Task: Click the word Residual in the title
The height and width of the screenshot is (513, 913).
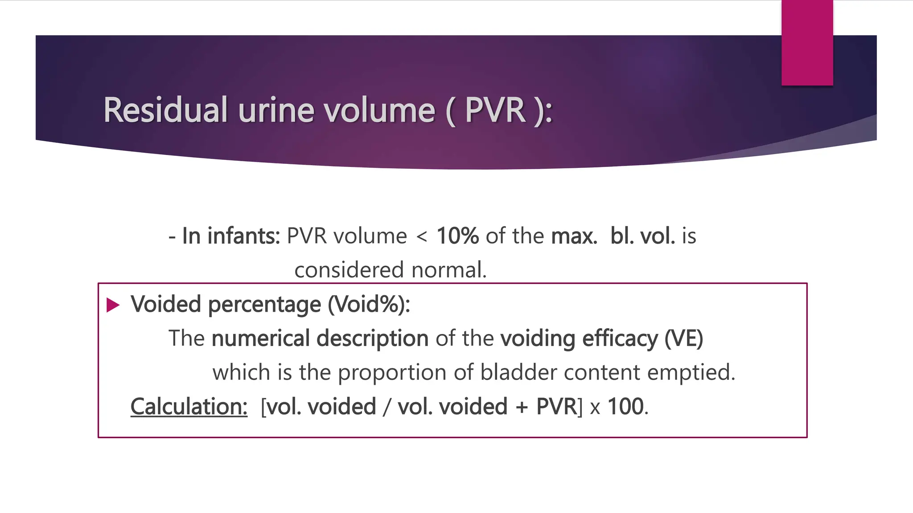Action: click(165, 110)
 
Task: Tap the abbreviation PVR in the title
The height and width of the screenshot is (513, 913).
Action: click(495, 110)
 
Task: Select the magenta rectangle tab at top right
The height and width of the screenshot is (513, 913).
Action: click(807, 43)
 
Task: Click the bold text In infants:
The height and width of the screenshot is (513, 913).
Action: click(231, 236)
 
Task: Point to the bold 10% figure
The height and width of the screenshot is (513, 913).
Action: click(457, 236)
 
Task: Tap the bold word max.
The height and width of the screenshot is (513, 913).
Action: click(574, 236)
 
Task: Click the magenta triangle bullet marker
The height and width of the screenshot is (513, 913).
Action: click(113, 305)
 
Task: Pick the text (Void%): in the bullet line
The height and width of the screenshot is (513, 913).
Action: click(369, 304)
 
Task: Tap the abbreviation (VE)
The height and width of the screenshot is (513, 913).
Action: click(683, 338)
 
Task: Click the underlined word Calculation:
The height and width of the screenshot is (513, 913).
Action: click(189, 407)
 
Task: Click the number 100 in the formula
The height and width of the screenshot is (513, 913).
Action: click(625, 407)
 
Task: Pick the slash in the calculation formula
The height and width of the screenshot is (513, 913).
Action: click(387, 407)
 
